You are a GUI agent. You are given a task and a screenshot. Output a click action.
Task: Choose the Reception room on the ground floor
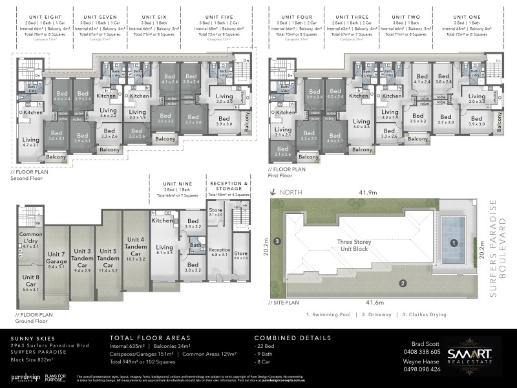click(x=219, y=251)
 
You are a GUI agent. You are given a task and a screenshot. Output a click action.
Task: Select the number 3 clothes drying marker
click(x=277, y=241)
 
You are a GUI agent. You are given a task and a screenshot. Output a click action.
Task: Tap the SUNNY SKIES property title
click(x=31, y=338)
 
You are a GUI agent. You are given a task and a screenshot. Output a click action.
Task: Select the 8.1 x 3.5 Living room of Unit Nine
click(x=164, y=249)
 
